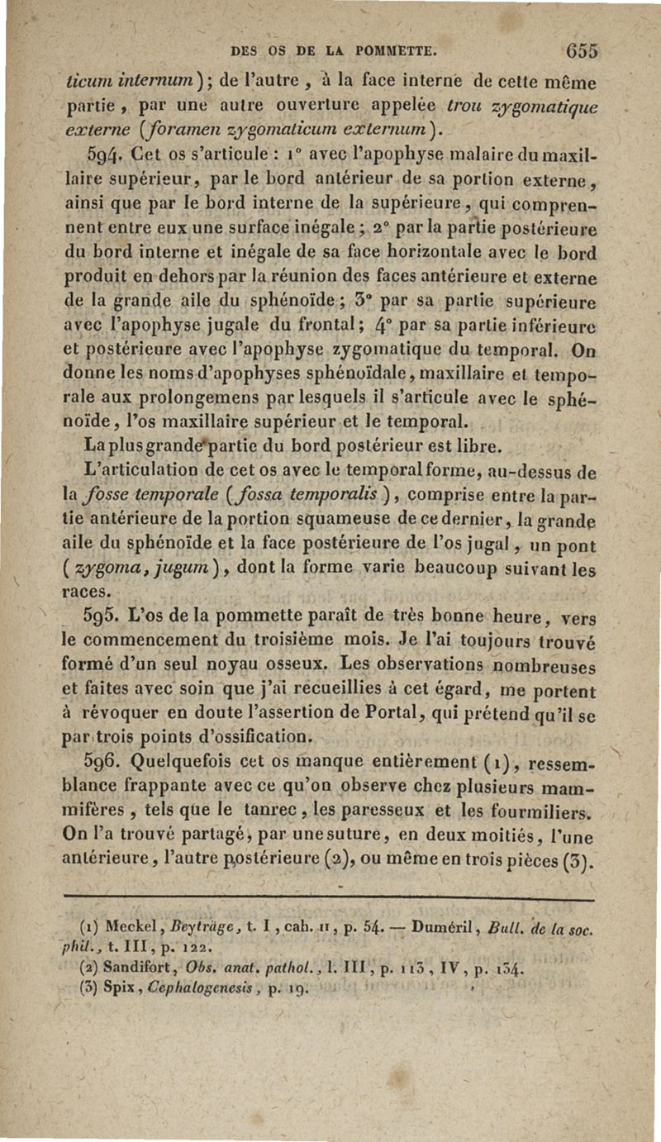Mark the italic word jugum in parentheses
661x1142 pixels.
tap(194, 569)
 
